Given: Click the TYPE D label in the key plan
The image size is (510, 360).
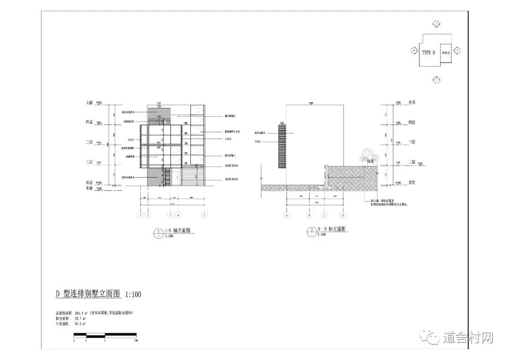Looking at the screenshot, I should pyautogui.click(x=428, y=52).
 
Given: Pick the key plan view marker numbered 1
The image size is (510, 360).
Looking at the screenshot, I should pyautogui.click(x=437, y=80).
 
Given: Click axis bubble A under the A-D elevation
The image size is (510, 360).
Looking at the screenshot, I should pyautogui.click(x=286, y=215).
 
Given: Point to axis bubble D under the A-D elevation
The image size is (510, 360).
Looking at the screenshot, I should pyautogui.click(x=343, y=215).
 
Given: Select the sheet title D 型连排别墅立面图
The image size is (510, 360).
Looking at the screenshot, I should pyautogui.click(x=89, y=294).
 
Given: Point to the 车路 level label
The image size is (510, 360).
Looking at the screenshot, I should pyautogui.click(x=88, y=188).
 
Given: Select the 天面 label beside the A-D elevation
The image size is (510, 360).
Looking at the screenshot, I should pyautogui.click(x=411, y=102).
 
